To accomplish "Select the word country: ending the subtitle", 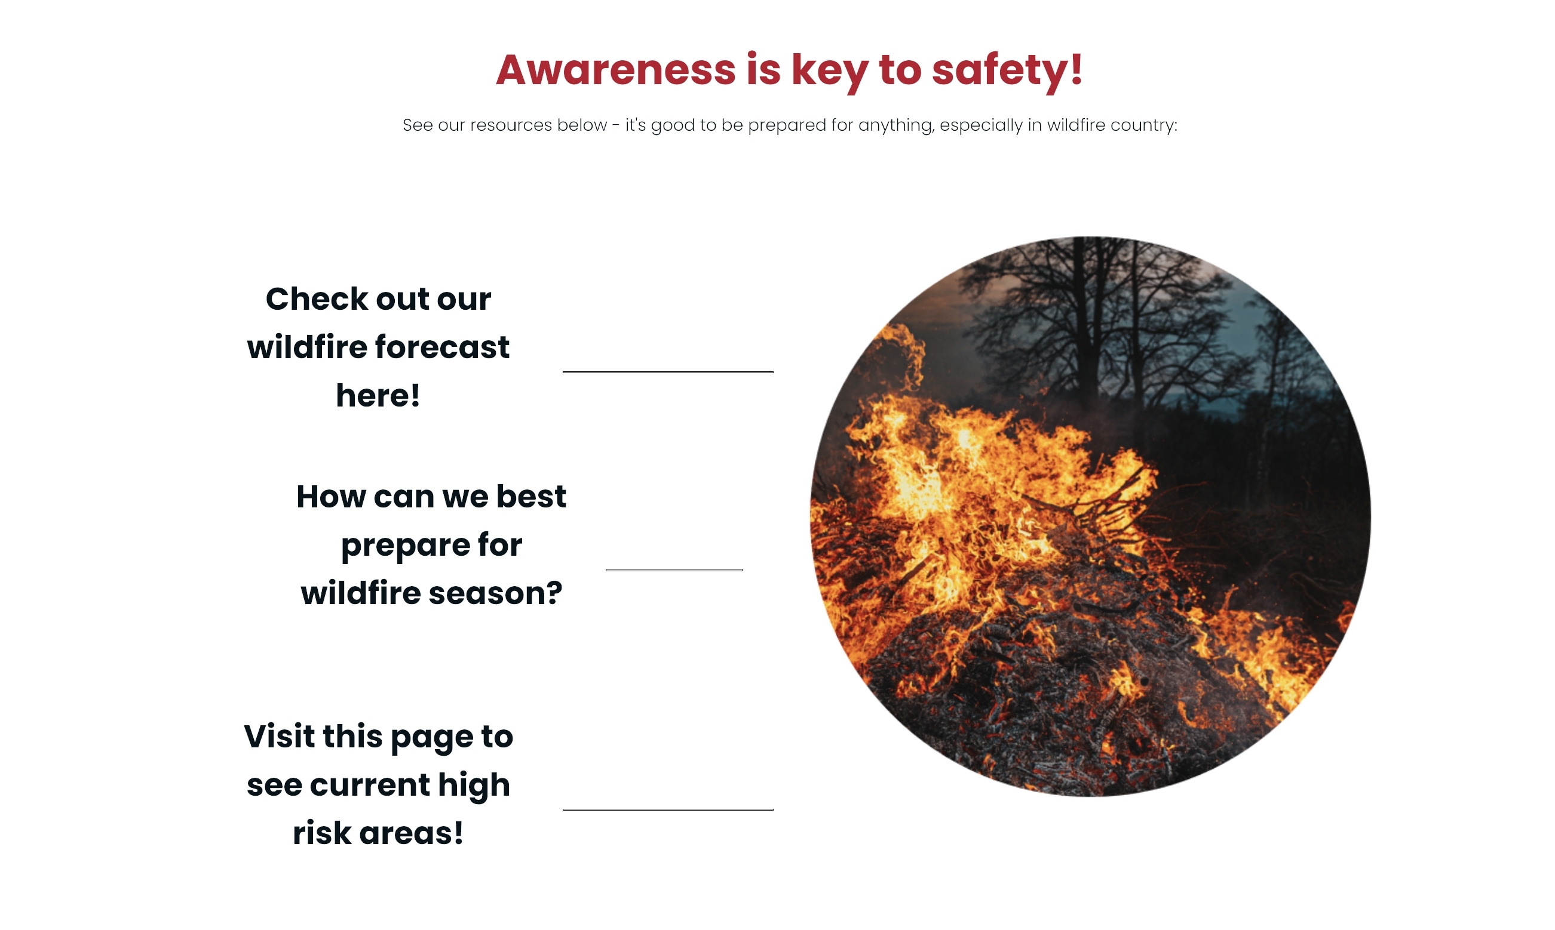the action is point(1145,126).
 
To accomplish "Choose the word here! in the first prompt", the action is point(378,395).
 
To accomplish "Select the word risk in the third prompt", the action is point(322,833).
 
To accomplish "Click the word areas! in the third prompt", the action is point(412,833).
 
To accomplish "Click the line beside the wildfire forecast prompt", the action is point(668,372).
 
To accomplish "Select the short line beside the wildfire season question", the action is point(674,569).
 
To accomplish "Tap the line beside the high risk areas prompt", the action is point(668,809).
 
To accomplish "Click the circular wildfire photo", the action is point(1090,516).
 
